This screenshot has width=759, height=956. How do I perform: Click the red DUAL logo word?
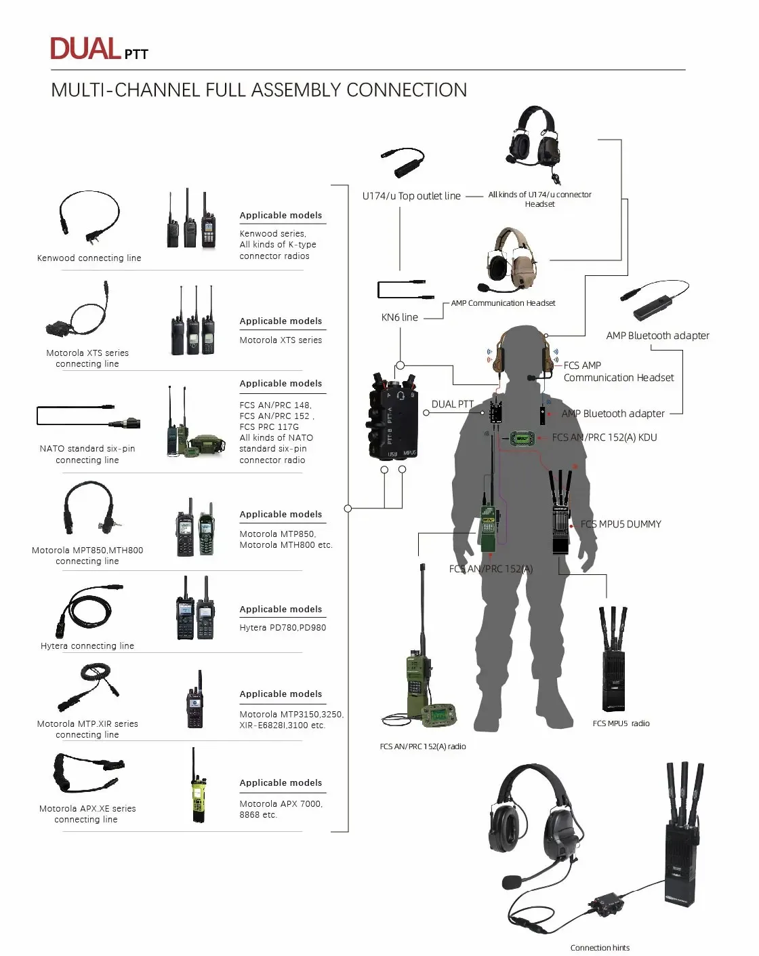tap(85, 48)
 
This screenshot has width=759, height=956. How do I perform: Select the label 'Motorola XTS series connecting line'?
tap(87, 358)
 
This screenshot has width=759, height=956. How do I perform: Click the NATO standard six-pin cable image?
tap(88, 416)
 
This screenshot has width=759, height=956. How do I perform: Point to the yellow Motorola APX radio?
tap(198, 788)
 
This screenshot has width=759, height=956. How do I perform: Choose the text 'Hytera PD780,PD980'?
tap(283, 627)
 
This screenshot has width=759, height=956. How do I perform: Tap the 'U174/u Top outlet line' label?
tap(411, 196)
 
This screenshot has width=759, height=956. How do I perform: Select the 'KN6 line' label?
tap(399, 317)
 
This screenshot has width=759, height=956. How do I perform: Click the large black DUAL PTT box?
tap(392, 416)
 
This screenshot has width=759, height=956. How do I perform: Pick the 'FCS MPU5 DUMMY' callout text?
tap(621, 524)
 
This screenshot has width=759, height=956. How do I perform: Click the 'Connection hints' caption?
tap(600, 948)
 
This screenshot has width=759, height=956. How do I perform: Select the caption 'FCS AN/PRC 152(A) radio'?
tap(423, 746)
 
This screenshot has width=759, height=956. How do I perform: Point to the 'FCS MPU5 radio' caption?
tap(621, 723)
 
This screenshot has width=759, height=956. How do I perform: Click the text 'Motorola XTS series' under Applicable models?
tap(281, 340)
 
